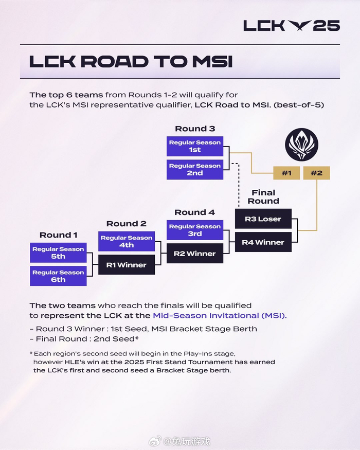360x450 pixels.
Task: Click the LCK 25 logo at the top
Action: [x=291, y=25]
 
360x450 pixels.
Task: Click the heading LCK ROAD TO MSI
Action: [x=131, y=61]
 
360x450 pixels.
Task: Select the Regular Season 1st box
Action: [x=195, y=147]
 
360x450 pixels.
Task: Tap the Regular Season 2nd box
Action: [x=195, y=170]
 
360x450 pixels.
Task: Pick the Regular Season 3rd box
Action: [x=195, y=230]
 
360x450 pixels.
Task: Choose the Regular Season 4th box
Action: [x=127, y=242]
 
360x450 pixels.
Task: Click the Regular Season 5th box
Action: [x=58, y=253]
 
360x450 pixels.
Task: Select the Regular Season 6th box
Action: [x=58, y=276]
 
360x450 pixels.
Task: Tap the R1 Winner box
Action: [x=127, y=265]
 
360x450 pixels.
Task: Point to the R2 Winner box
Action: [x=195, y=254]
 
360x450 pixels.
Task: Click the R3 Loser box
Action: [x=263, y=219]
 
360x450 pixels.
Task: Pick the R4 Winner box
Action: [x=263, y=242]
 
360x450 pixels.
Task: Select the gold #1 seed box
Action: [x=286, y=173]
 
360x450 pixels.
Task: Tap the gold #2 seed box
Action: [x=316, y=173]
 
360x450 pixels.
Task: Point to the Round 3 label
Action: [x=195, y=129]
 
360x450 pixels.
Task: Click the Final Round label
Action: [x=263, y=197]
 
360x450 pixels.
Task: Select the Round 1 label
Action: [x=58, y=235]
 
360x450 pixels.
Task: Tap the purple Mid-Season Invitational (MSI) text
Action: [x=220, y=315]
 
